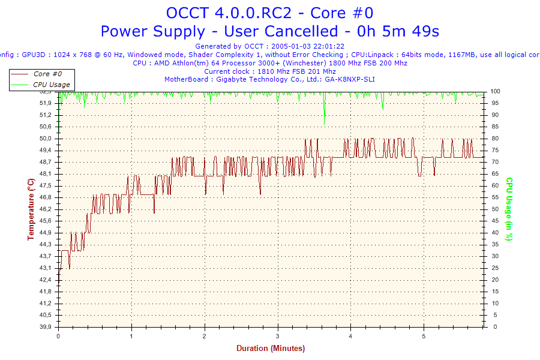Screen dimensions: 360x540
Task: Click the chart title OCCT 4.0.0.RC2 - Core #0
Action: click(x=269, y=12)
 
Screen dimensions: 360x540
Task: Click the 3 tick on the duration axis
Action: click(x=278, y=335)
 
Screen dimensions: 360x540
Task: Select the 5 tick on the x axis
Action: click(x=424, y=335)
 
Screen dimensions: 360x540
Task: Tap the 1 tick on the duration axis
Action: click(x=131, y=335)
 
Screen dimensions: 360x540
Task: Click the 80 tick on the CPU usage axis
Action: click(x=495, y=139)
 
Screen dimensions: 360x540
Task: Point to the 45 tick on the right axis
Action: click(x=495, y=221)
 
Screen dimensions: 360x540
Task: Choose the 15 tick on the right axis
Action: click(x=495, y=292)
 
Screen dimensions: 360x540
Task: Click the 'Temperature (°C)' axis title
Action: click(x=31, y=209)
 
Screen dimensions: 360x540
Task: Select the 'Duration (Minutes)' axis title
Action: click(x=270, y=349)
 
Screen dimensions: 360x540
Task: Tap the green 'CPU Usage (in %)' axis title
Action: click(x=509, y=209)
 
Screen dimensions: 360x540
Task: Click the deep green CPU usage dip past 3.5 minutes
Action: click(x=325, y=117)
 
